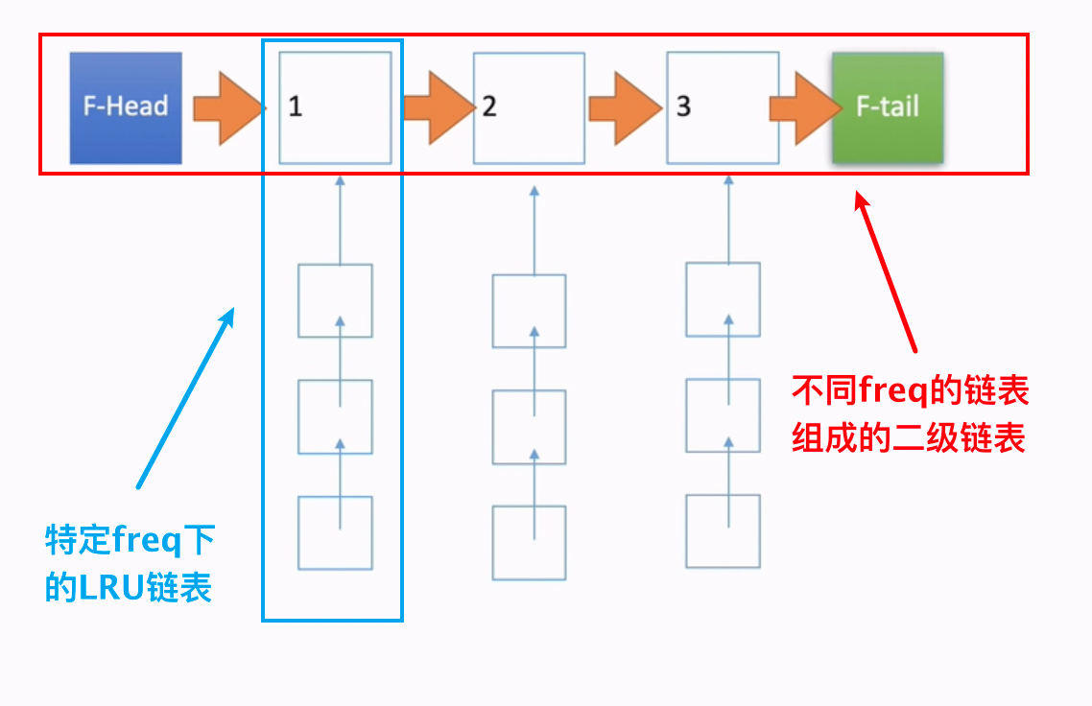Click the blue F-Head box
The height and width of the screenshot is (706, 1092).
coord(126,106)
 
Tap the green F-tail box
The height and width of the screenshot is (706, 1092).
coord(888,106)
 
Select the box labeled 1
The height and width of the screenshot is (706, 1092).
coord(335,106)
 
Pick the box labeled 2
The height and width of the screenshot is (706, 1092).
coord(529,106)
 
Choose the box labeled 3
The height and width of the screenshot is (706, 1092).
coord(723,106)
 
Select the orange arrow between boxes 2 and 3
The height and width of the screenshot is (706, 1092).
coord(625,106)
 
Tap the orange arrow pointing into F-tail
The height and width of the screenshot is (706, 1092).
coord(803,106)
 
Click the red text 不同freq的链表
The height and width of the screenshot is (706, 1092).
coord(910,391)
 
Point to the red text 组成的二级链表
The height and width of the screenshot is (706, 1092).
coord(909,438)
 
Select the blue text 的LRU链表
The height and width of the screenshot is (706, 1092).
coord(129,587)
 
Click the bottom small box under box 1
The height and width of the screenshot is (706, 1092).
coord(335,533)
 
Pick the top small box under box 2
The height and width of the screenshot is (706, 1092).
coord(529,311)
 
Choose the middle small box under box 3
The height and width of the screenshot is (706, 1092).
coord(723,415)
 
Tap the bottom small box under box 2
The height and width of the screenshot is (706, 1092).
coord(529,543)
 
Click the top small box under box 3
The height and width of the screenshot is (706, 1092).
coord(723,299)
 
